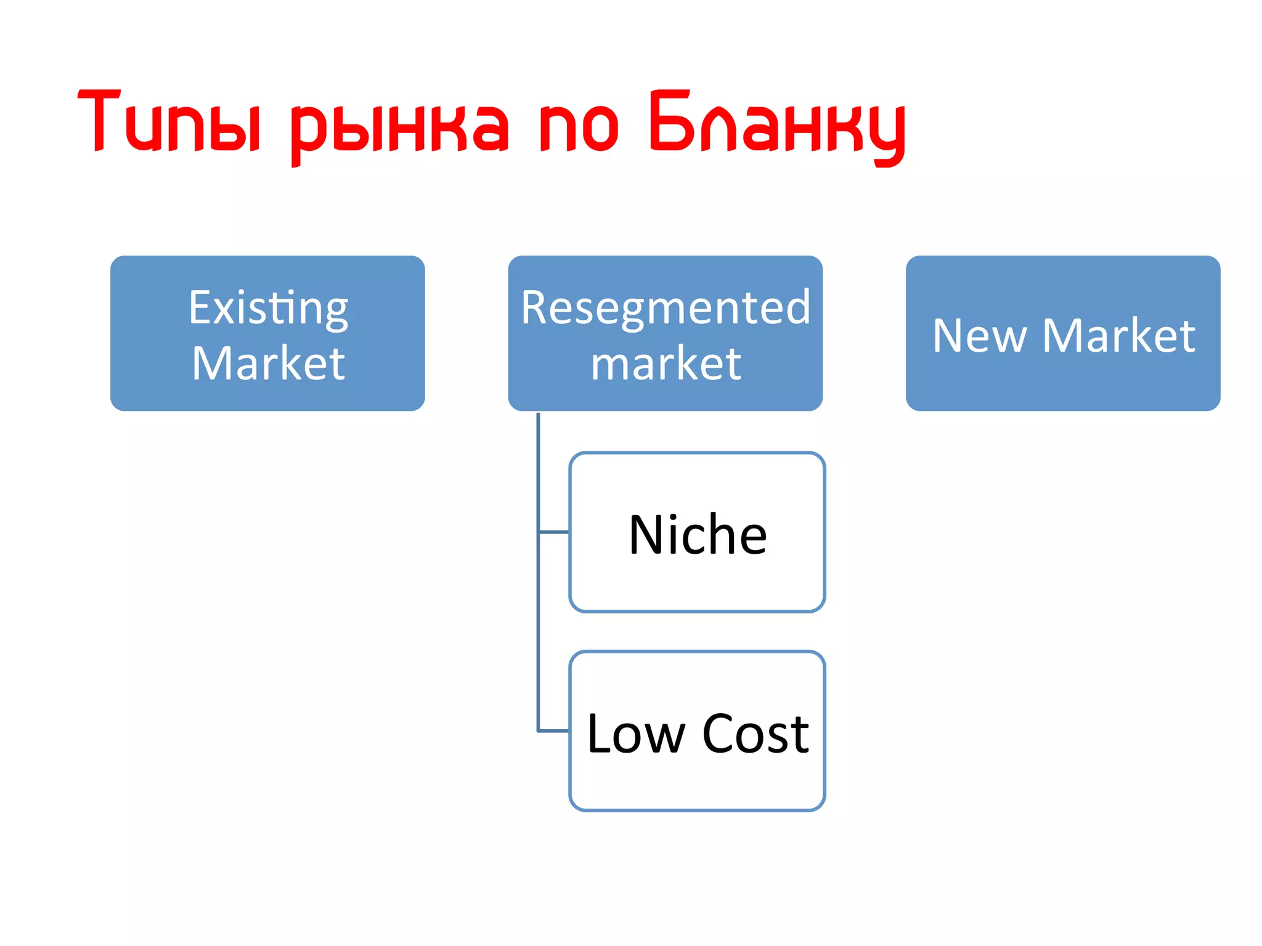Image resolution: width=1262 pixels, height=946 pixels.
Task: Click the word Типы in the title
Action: pyautogui.click(x=169, y=122)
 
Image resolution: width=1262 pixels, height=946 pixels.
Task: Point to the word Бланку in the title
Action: pyautogui.click(x=776, y=123)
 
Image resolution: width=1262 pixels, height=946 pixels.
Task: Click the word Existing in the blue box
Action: pyautogui.click(x=268, y=308)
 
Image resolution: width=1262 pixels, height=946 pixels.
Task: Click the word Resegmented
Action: pyautogui.click(x=666, y=307)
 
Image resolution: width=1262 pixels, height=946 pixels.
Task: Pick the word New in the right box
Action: pyautogui.click(x=980, y=336)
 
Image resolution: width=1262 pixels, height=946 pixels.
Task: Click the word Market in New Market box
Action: pyautogui.click(x=1118, y=336)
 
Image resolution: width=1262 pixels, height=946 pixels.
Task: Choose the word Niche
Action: pyautogui.click(x=698, y=535)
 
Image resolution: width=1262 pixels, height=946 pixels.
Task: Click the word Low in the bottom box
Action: pyautogui.click(x=636, y=734)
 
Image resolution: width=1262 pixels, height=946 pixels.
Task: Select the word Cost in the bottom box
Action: pyautogui.click(x=755, y=734)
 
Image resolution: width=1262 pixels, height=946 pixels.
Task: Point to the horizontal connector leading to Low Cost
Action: pyautogui.click(x=553, y=731)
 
